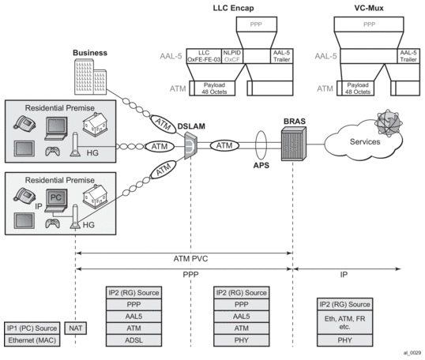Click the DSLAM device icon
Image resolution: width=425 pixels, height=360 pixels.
[191, 145]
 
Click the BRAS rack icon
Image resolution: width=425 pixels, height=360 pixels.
[294, 144]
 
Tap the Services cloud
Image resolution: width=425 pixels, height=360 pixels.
[363, 141]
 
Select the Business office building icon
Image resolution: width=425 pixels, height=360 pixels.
[90, 77]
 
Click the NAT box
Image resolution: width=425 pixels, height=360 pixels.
[75, 328]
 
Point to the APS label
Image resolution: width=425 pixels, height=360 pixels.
[261, 165]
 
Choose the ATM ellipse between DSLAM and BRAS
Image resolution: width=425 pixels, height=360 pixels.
[224, 146]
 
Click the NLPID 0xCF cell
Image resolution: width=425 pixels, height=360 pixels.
[232, 56]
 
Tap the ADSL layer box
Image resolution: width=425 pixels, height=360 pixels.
[134, 340]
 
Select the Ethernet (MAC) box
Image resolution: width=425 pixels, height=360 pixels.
[32, 340]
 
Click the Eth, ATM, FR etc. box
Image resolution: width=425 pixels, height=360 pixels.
[344, 322]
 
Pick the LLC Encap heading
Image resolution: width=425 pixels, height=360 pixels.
[233, 8]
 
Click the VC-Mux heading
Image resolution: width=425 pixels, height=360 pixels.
[369, 8]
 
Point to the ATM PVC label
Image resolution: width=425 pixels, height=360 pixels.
[190, 259]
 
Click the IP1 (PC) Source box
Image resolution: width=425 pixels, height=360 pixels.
[32, 328]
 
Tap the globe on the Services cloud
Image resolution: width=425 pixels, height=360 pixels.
[389, 122]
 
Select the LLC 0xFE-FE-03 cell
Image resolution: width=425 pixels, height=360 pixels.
[204, 56]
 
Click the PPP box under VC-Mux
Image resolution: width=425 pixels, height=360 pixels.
[369, 24]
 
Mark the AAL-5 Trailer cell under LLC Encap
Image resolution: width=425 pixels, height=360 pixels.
[281, 56]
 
